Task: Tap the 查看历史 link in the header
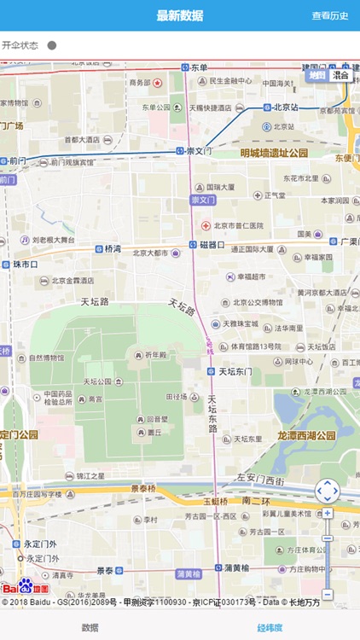tap(329, 15)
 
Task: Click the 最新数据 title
tap(180, 15)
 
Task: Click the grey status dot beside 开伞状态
tap(52, 45)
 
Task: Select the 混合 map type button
tap(340, 75)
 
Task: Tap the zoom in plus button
tap(328, 514)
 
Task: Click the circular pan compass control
tap(328, 491)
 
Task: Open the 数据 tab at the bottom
tap(90, 627)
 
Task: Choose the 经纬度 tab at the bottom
tap(270, 627)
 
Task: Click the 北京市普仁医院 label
tap(238, 225)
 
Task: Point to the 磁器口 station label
tap(212, 245)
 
